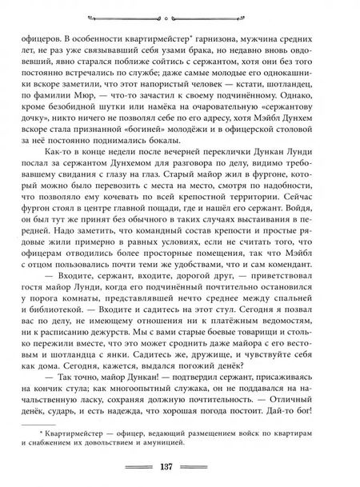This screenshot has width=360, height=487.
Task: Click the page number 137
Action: tap(179, 468)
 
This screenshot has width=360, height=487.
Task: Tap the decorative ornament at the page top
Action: tap(179, 14)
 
